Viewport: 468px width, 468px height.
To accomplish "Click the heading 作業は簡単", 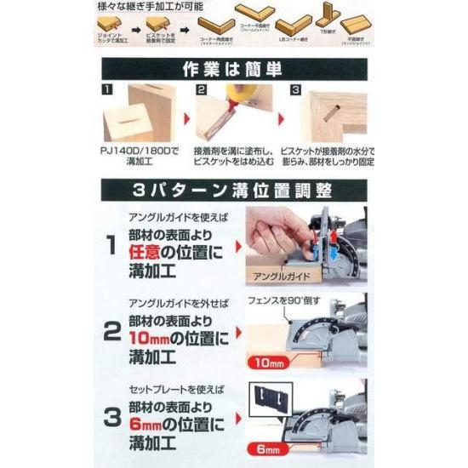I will coord(233,69).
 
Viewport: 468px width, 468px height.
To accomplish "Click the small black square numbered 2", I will coord(202,88).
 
